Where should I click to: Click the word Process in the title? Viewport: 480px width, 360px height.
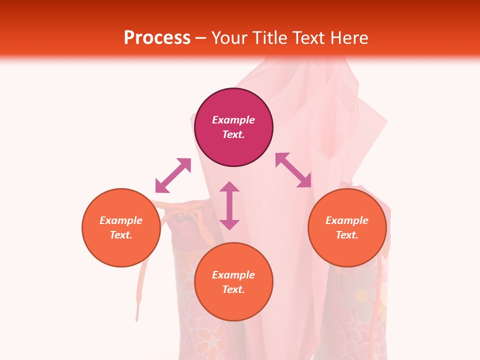click(157, 37)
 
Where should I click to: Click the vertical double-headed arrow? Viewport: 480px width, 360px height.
click(229, 205)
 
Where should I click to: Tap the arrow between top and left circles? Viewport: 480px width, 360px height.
click(173, 175)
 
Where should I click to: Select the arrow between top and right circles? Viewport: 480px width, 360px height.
click(293, 170)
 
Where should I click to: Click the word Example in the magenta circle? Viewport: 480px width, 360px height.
click(233, 120)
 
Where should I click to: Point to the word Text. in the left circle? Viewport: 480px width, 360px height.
click(121, 235)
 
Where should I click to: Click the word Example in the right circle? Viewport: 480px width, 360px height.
click(347, 220)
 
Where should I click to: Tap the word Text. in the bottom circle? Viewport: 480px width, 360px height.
click(233, 289)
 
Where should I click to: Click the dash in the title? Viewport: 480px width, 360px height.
click(201, 37)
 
